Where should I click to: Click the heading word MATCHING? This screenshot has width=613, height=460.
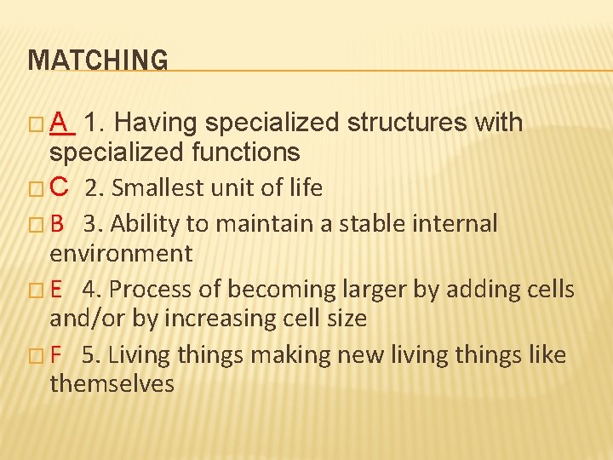98,60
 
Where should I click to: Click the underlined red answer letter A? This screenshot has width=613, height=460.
60,124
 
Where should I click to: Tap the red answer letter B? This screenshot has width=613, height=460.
58,224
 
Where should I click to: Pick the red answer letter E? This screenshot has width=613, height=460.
57,290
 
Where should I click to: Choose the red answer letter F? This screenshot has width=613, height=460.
56,354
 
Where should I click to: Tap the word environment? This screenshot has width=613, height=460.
121,253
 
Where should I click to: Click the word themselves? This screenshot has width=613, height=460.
112,383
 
